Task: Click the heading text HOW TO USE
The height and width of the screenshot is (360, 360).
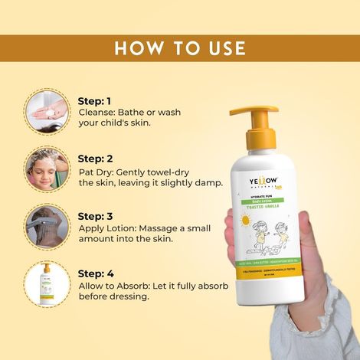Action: pos(180,48)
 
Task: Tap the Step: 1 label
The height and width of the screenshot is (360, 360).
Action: pos(95,100)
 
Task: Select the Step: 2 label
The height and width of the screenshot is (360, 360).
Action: pos(95,159)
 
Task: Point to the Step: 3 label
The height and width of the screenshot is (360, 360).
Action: pos(95,216)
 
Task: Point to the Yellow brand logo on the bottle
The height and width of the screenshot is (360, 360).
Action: pos(270,185)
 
